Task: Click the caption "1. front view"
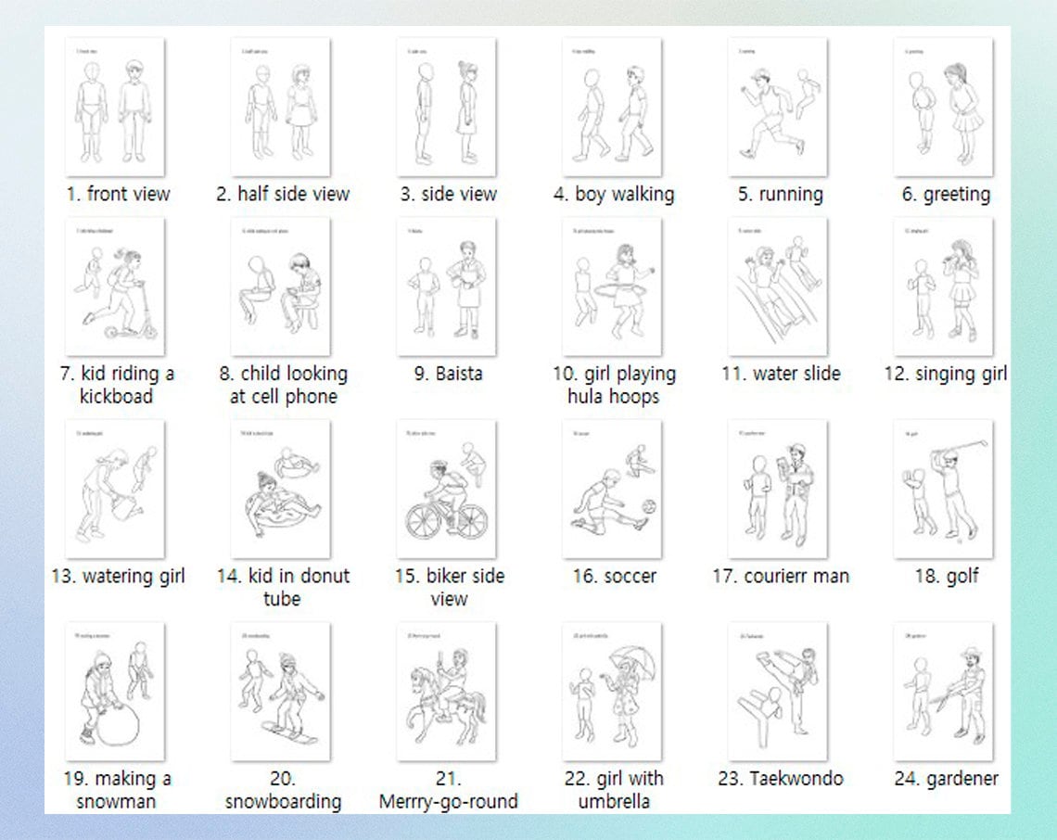[118, 194]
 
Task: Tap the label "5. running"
[780, 194]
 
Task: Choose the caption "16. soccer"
[614, 576]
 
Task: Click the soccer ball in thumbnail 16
[649, 507]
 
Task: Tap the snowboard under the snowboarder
[289, 732]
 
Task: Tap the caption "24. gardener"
[946, 778]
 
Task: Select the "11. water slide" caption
[781, 374]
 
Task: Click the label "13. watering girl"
[118, 576]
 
